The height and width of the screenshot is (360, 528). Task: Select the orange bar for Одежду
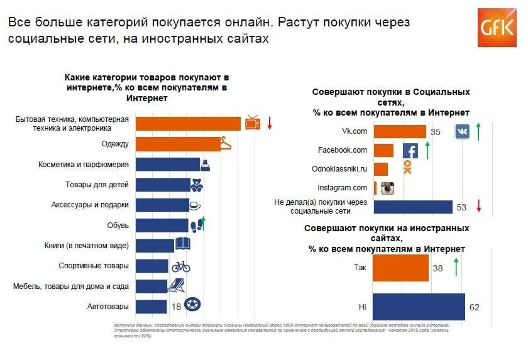(x=178, y=144)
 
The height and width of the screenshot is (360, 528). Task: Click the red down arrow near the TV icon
(x=269, y=123)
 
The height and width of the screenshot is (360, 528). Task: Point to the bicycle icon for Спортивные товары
(x=181, y=266)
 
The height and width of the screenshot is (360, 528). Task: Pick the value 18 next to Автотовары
(x=177, y=307)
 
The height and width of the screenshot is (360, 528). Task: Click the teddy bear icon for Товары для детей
(x=196, y=185)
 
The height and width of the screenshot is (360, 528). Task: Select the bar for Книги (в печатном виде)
(x=155, y=246)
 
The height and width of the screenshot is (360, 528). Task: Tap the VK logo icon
(x=463, y=131)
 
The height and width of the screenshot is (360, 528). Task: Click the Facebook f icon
(x=410, y=151)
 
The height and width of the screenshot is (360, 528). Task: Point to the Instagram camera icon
(x=388, y=188)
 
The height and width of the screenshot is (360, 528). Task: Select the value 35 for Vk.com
(x=436, y=132)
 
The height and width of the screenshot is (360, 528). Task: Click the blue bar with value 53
(x=413, y=207)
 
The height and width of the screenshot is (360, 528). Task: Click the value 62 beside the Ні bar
(x=474, y=307)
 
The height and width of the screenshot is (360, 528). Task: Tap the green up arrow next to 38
(x=455, y=267)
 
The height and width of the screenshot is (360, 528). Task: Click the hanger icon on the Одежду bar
(x=225, y=145)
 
